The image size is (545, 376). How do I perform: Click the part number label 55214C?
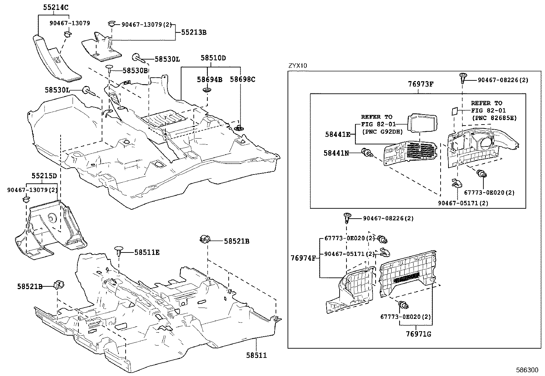(x=55, y=7)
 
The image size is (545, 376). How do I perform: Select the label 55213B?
(x=193, y=33)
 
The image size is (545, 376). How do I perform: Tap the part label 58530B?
(x=135, y=70)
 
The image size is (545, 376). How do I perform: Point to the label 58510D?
(x=213, y=58)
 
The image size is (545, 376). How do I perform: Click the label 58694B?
(x=209, y=80)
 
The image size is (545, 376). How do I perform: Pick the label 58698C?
(x=242, y=79)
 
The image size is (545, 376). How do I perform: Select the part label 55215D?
(x=45, y=176)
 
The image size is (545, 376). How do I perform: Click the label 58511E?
(x=147, y=252)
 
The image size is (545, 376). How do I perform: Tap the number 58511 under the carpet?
(x=256, y=355)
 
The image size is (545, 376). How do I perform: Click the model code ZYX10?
(x=297, y=66)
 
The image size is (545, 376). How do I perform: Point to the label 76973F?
(x=421, y=84)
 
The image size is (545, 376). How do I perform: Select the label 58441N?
(x=336, y=153)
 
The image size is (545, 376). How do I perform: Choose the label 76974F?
(x=303, y=258)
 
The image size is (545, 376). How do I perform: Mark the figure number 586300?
(x=527, y=370)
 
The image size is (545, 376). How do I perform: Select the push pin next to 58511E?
(x=119, y=250)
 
